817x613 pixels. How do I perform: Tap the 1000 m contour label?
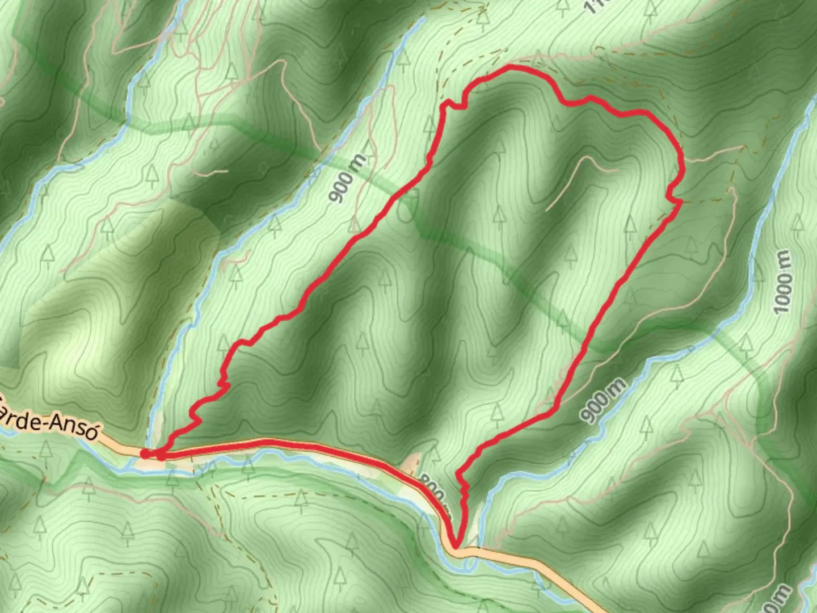pyautogui.click(x=782, y=281)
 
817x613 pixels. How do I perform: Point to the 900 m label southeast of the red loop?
pyautogui.click(x=604, y=400)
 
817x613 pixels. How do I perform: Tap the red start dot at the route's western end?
pyautogui.click(x=145, y=454)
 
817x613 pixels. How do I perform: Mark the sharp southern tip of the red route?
pyautogui.click(x=455, y=547)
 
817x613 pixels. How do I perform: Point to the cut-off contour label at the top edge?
pyautogui.click(x=593, y=7)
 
